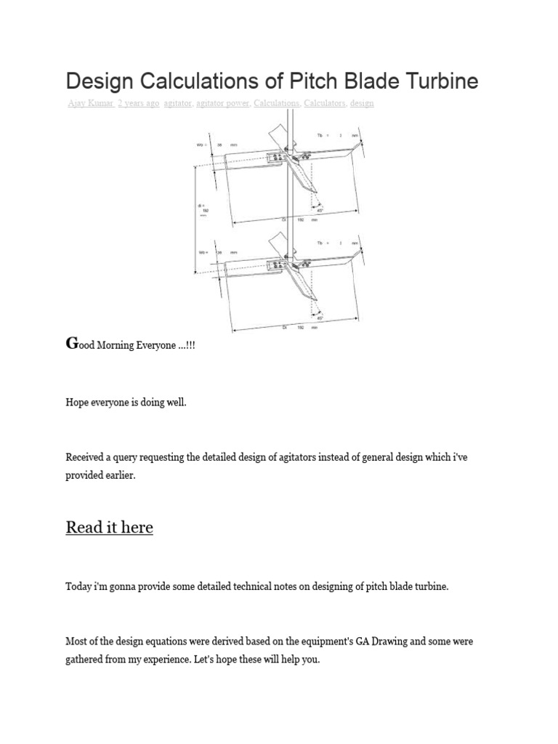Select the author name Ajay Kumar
click(90, 103)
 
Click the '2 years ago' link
click(138, 103)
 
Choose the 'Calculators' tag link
click(324, 103)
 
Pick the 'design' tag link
click(362, 103)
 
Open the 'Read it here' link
click(109, 527)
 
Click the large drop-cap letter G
click(71, 343)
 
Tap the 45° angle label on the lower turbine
click(320, 317)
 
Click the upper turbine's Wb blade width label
click(203, 145)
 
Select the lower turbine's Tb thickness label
click(324, 243)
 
